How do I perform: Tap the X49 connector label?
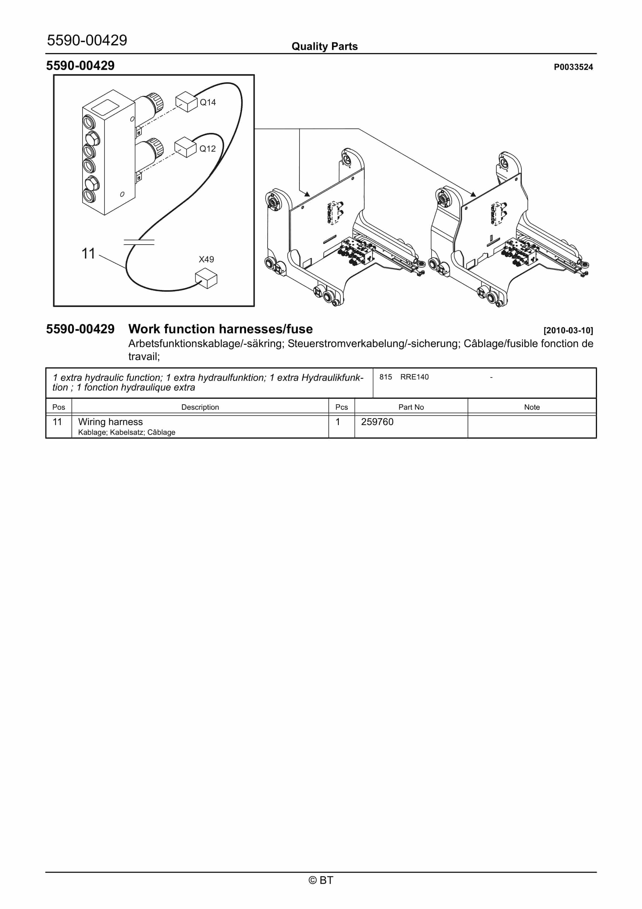(x=206, y=259)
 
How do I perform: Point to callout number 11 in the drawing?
(x=88, y=253)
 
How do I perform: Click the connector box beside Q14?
(x=186, y=102)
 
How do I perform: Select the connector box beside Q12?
(x=185, y=147)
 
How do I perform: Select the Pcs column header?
(x=342, y=407)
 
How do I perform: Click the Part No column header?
(x=411, y=407)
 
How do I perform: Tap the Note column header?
(x=532, y=407)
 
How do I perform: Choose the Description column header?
(x=200, y=407)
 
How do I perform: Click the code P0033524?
(x=573, y=67)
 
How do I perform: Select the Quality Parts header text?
(x=325, y=46)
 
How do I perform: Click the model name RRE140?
(x=414, y=377)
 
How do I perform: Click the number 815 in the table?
(x=385, y=377)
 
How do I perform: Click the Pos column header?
(x=59, y=407)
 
